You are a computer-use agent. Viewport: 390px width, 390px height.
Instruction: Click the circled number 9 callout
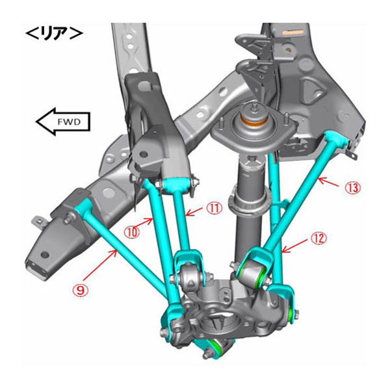81,290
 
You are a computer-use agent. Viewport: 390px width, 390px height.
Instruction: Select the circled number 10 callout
132,233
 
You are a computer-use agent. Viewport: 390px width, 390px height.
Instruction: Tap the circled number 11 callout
214,208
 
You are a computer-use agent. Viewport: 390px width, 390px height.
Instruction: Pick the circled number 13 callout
353,188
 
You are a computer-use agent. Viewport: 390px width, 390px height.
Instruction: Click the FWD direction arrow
63,122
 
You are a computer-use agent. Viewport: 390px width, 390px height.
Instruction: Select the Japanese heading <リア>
54,34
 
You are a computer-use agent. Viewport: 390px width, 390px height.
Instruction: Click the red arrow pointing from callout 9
101,264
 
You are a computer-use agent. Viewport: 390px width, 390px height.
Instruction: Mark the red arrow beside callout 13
328,181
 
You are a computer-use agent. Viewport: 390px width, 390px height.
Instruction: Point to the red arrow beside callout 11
194,212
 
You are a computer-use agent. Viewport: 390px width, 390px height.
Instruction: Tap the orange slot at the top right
294,32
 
